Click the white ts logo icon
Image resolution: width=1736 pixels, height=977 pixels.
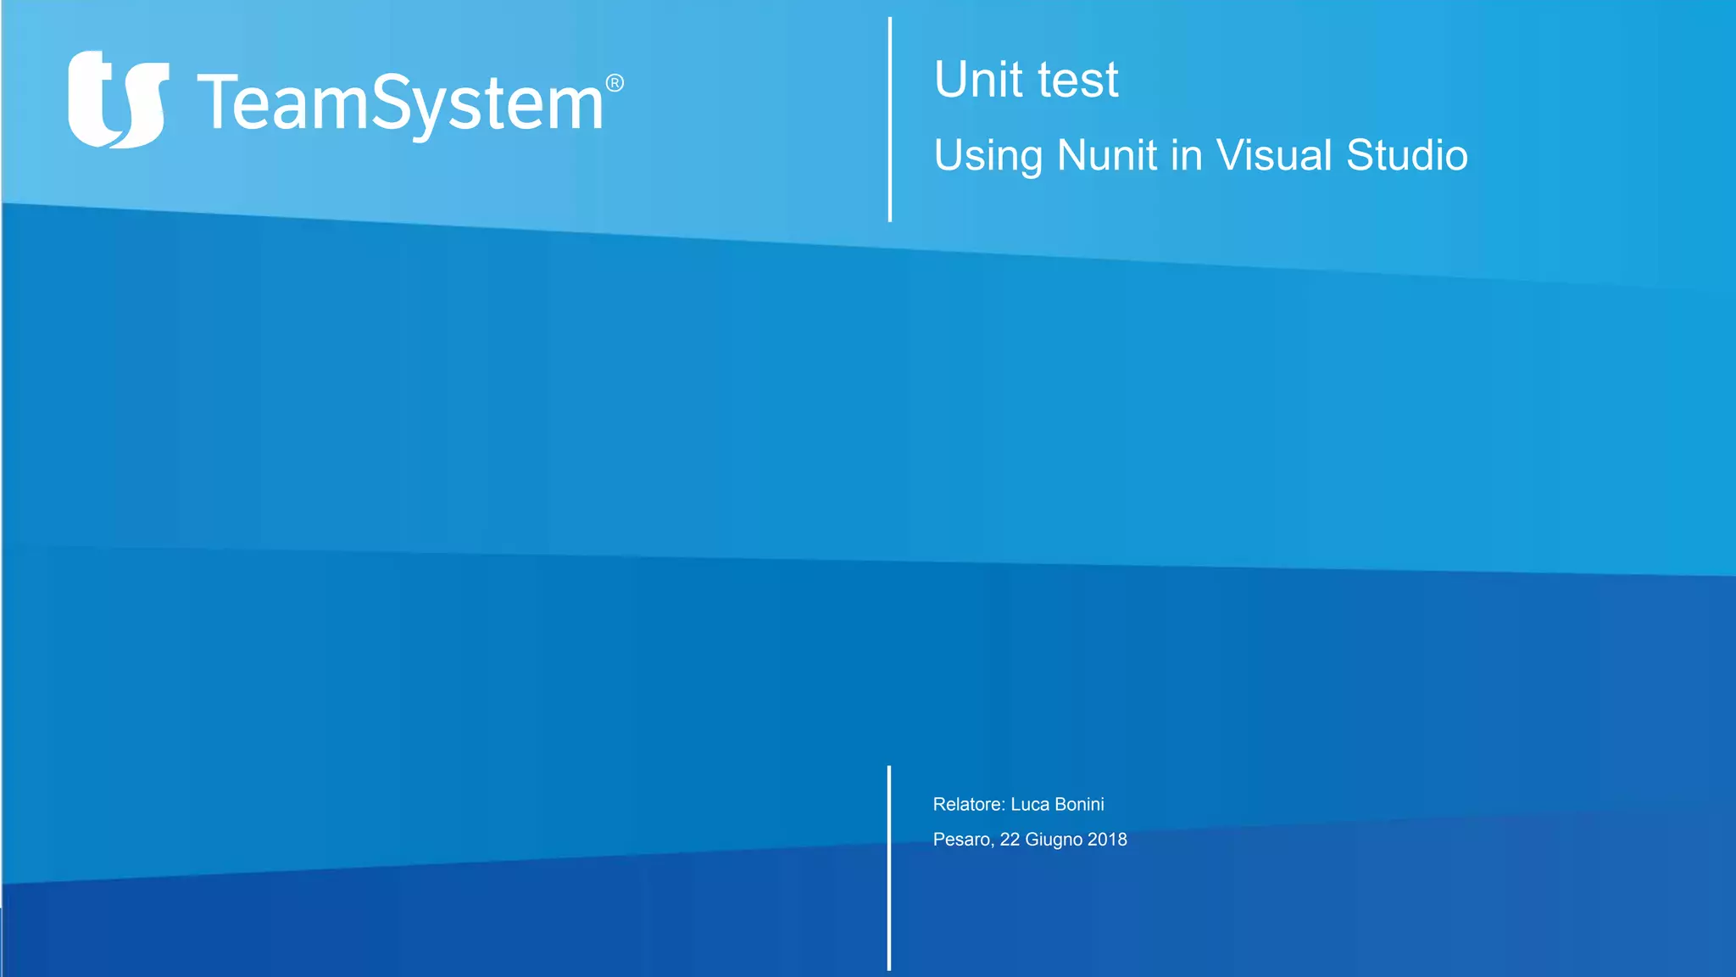pos(118,99)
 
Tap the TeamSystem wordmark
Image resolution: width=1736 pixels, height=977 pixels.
pos(400,103)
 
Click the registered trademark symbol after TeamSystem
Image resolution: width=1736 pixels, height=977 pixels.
pos(615,83)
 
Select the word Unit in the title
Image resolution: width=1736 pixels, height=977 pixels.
pos(978,80)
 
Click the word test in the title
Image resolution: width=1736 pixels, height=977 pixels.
pos(1078,80)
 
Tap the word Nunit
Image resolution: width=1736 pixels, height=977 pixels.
pos(1107,155)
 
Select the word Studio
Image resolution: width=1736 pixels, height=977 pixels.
pos(1407,155)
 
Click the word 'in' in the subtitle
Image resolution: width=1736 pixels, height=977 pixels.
pos(1187,155)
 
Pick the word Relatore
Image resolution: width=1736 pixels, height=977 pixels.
pos(967,804)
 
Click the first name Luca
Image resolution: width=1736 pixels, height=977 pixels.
pos(1030,804)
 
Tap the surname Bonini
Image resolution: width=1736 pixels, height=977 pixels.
pos(1080,804)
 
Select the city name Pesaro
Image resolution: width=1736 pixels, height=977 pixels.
pos(962,840)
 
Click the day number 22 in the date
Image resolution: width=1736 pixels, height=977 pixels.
pos(1010,840)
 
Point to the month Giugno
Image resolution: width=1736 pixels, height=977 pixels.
pos(1054,840)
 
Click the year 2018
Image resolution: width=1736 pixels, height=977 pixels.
pos(1107,840)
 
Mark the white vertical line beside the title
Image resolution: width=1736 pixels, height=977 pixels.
pos(889,119)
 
